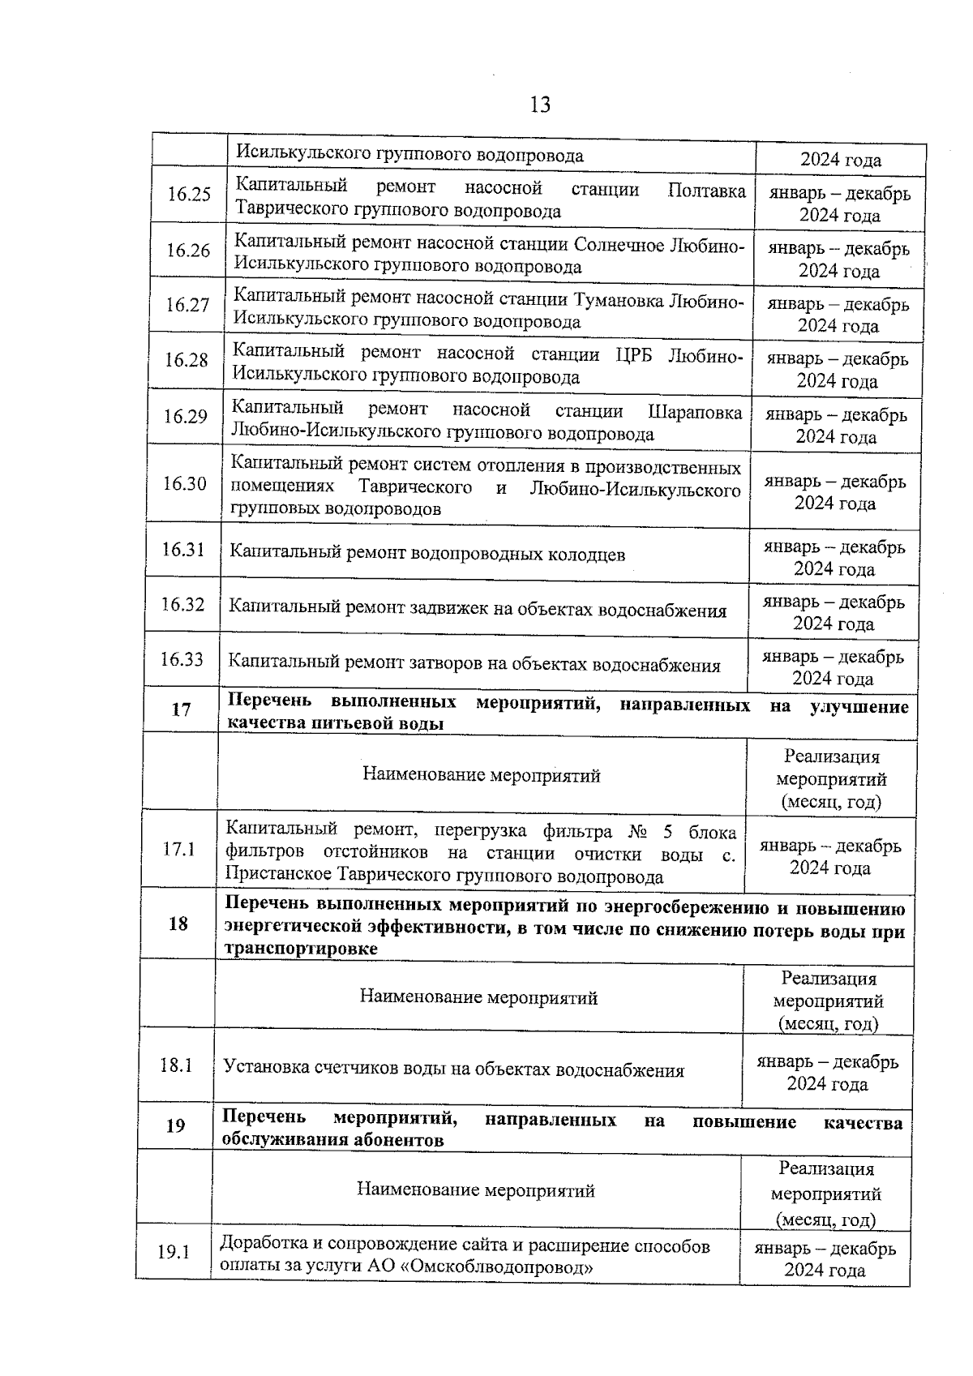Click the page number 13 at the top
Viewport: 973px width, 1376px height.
[x=540, y=105]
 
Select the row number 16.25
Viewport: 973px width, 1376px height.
[x=189, y=195]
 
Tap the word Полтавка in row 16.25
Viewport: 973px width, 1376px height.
[x=706, y=191]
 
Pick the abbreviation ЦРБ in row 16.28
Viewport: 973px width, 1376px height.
[x=633, y=354]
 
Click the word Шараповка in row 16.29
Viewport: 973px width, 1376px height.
[x=695, y=412]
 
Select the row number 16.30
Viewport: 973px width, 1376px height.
[x=184, y=484]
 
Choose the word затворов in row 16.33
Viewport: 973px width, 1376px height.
[x=445, y=665]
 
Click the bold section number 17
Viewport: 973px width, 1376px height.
[x=181, y=709]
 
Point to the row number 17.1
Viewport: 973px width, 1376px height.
[x=179, y=850]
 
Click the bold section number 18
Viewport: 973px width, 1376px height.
[x=178, y=924]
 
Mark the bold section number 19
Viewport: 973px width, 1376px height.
[x=175, y=1125]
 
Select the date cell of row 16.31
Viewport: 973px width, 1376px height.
[x=834, y=557]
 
